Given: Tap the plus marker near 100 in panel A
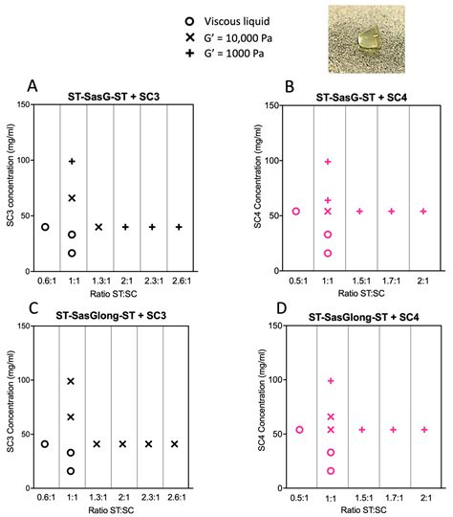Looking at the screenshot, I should tap(72, 161).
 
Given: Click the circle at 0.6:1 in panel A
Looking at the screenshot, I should tap(45, 227).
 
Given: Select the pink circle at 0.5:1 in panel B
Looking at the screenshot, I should tap(296, 211).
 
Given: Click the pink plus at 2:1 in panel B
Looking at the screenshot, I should tap(423, 211).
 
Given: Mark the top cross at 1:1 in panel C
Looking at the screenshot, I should tap(72, 381).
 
